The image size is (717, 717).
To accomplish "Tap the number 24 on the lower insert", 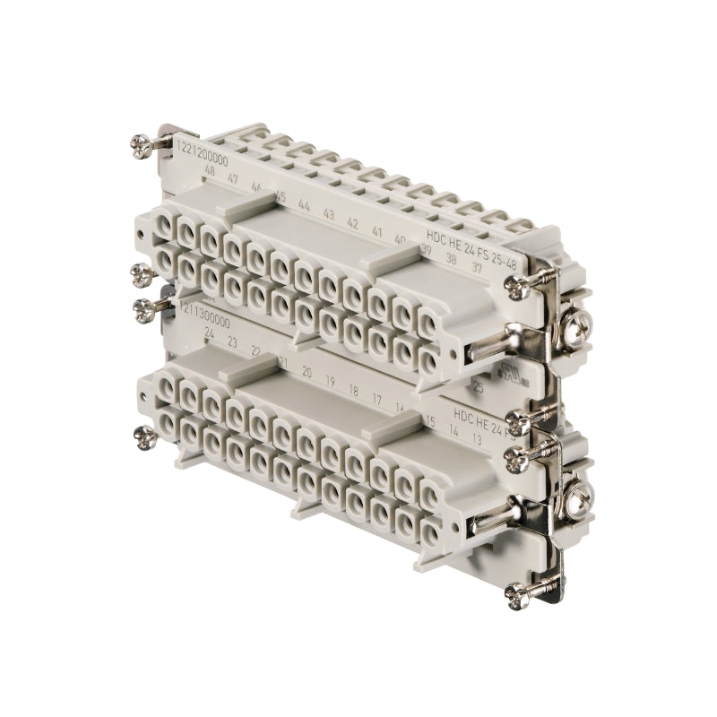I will click(209, 333).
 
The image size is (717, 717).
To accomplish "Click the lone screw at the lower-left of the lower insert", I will click(142, 437).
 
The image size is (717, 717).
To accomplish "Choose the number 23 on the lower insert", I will click(233, 342).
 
